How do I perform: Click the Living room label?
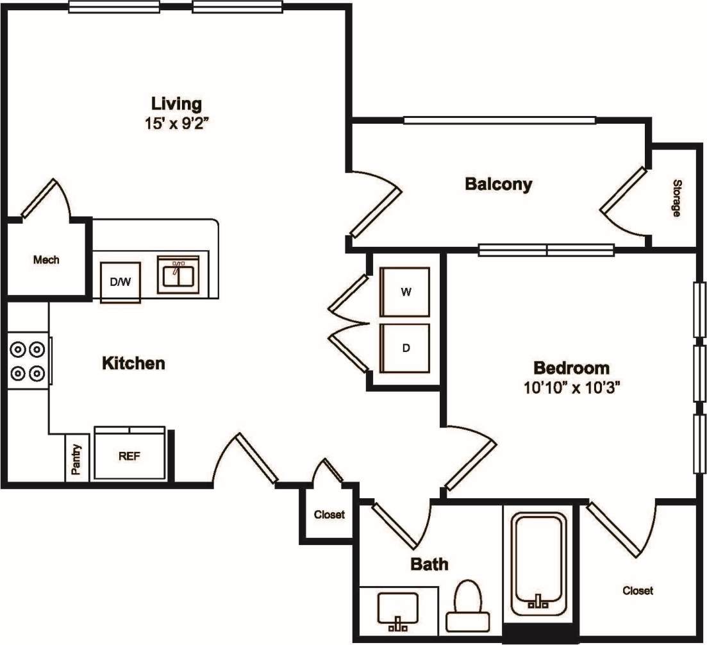coord(176,103)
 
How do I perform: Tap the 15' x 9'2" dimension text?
coord(177,124)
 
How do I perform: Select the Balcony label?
coord(498,185)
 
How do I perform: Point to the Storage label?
coord(676,198)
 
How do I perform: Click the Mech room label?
coord(46,260)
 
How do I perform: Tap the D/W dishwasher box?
coord(121,281)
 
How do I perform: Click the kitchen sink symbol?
coord(178,274)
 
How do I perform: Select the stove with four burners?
coord(27,361)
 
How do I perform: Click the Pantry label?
coord(76,460)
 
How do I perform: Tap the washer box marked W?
coord(405,292)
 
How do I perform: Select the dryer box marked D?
coord(405,348)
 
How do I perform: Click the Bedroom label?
coord(571,368)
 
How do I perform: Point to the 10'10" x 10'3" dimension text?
coord(571,388)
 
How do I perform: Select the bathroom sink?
coord(397,608)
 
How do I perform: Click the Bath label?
coord(429,565)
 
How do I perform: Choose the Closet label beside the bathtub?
coord(638,591)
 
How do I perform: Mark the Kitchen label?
coord(133,364)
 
